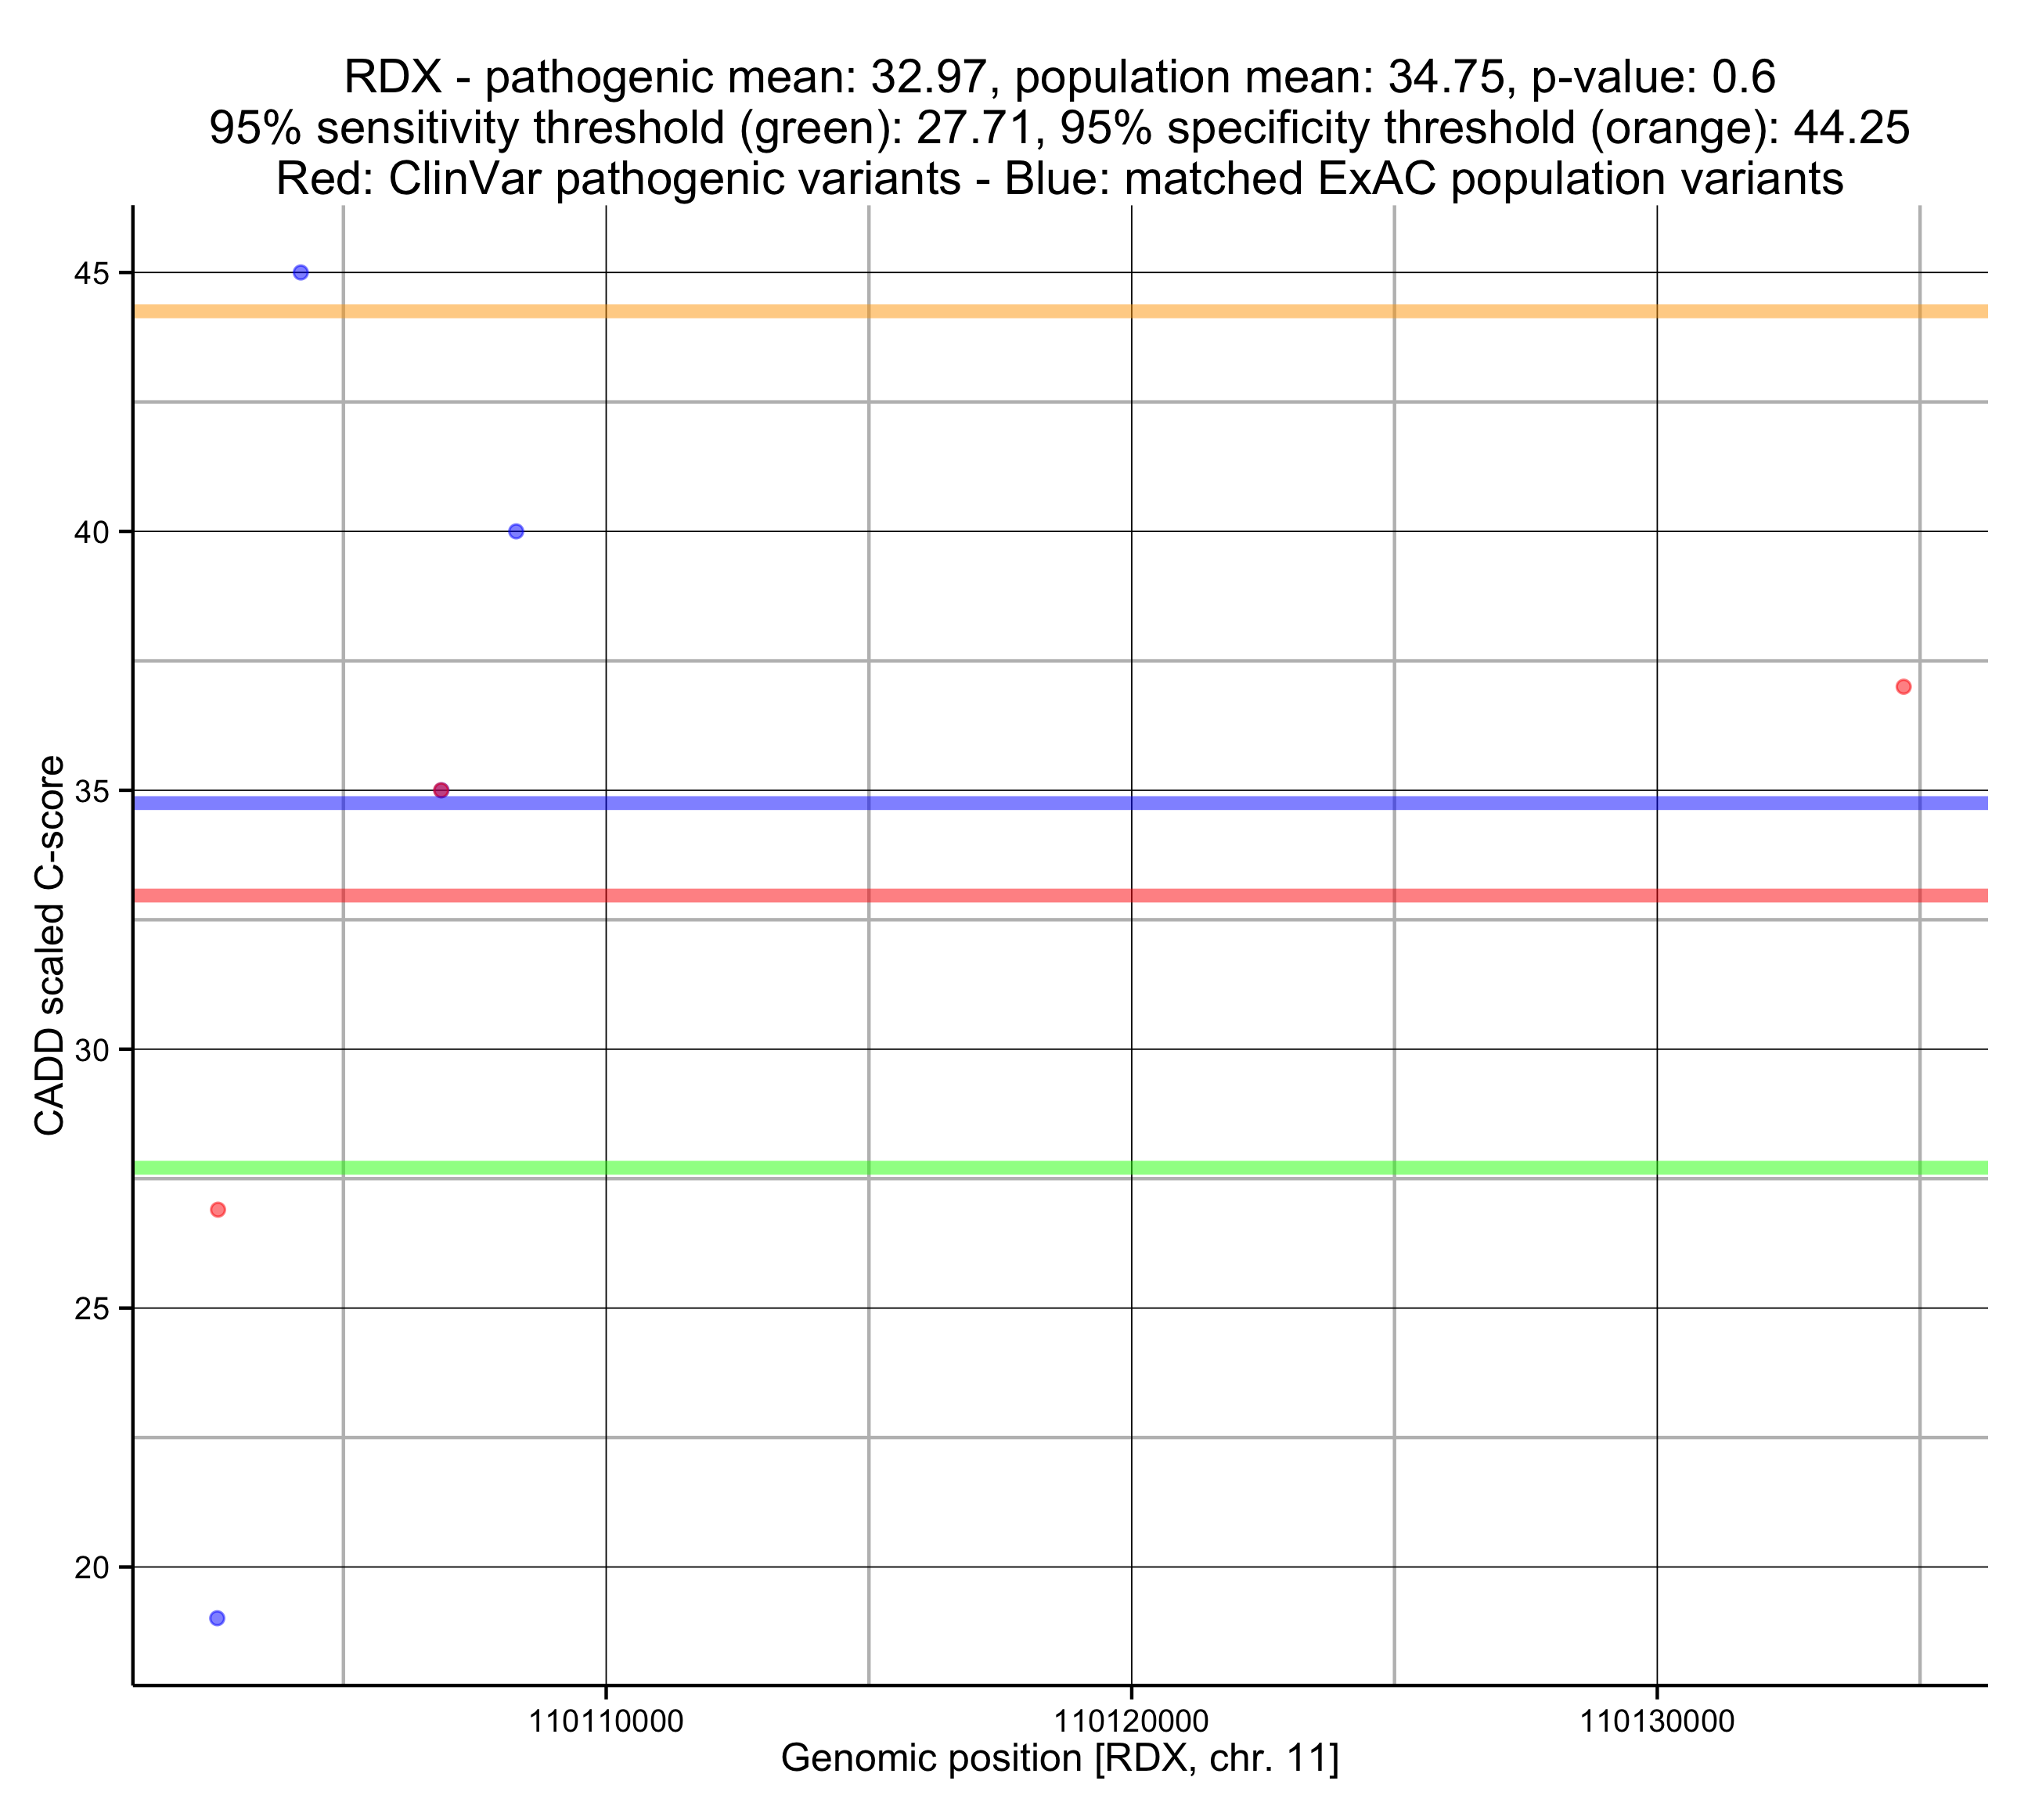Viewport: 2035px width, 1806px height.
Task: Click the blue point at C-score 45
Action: pos(301,273)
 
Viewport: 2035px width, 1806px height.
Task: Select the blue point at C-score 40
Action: pos(516,531)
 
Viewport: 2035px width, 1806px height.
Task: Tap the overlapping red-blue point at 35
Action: pos(441,790)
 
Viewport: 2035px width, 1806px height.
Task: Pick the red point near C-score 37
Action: pos(1904,687)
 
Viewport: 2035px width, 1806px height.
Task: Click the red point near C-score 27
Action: pos(218,1210)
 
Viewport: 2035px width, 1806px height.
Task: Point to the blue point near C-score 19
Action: pos(217,1618)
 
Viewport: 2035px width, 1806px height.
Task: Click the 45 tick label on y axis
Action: pos(91,274)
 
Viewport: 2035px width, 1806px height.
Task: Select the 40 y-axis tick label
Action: pos(91,533)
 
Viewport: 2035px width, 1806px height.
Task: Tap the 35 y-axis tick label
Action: pos(91,791)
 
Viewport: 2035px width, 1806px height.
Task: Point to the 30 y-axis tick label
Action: pos(91,1050)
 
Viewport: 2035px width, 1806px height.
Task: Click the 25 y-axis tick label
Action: pos(91,1309)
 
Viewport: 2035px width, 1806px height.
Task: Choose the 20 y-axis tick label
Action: pos(91,1568)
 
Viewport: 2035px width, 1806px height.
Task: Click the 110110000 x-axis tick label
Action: pos(607,1721)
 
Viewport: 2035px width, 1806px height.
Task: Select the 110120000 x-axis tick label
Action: pos(1132,1721)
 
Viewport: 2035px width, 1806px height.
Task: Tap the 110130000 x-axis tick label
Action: pos(1658,1721)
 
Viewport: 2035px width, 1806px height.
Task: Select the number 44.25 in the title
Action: pos(1852,128)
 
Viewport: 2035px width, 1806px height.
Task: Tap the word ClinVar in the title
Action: pos(469,179)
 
